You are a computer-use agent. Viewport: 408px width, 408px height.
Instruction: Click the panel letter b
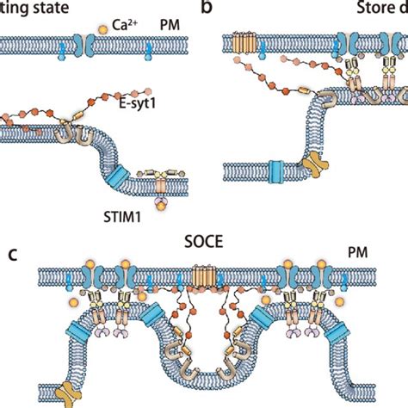pyautogui.click(x=206, y=9)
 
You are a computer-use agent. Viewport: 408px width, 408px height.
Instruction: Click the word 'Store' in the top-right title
pyautogui.click(x=374, y=10)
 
